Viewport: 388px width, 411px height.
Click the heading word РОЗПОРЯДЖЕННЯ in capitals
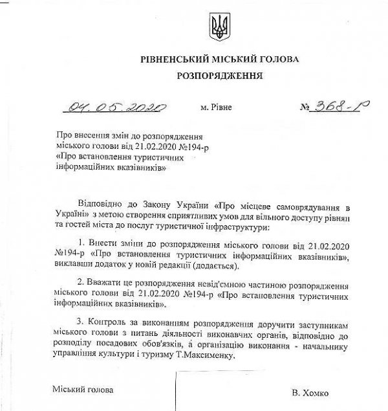(x=219, y=76)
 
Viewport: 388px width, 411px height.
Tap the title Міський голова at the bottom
(x=83, y=390)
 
